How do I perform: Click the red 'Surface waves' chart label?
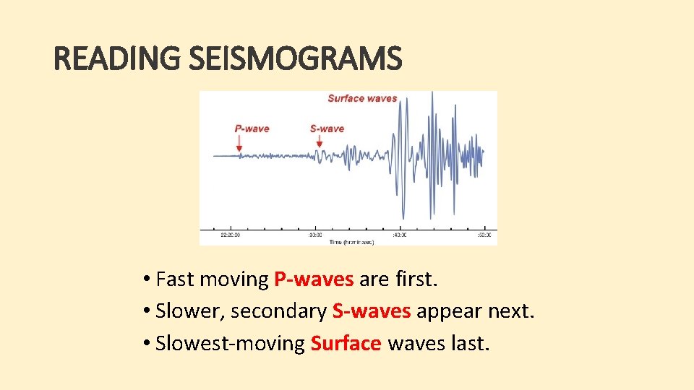pyautogui.click(x=362, y=98)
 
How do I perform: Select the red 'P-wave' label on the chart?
pyautogui.click(x=252, y=129)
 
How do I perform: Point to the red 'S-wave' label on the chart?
pyautogui.click(x=327, y=129)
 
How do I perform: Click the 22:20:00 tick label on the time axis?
pyautogui.click(x=230, y=235)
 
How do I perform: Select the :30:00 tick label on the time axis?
pyautogui.click(x=315, y=235)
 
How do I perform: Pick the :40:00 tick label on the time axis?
pyautogui.click(x=400, y=235)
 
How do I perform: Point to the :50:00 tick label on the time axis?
pyautogui.click(x=484, y=235)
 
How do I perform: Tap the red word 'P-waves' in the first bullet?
pyautogui.click(x=314, y=279)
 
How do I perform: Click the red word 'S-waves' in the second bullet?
pyautogui.click(x=372, y=311)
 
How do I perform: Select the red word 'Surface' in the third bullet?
pyautogui.click(x=346, y=344)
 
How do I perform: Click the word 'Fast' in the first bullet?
pyautogui.click(x=173, y=279)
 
